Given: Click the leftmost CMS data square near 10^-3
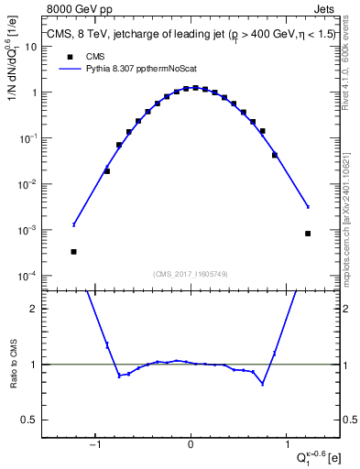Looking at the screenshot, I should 73,251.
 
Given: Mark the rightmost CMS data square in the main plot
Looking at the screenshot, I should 308,234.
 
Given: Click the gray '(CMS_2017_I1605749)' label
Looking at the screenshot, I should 191,273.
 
